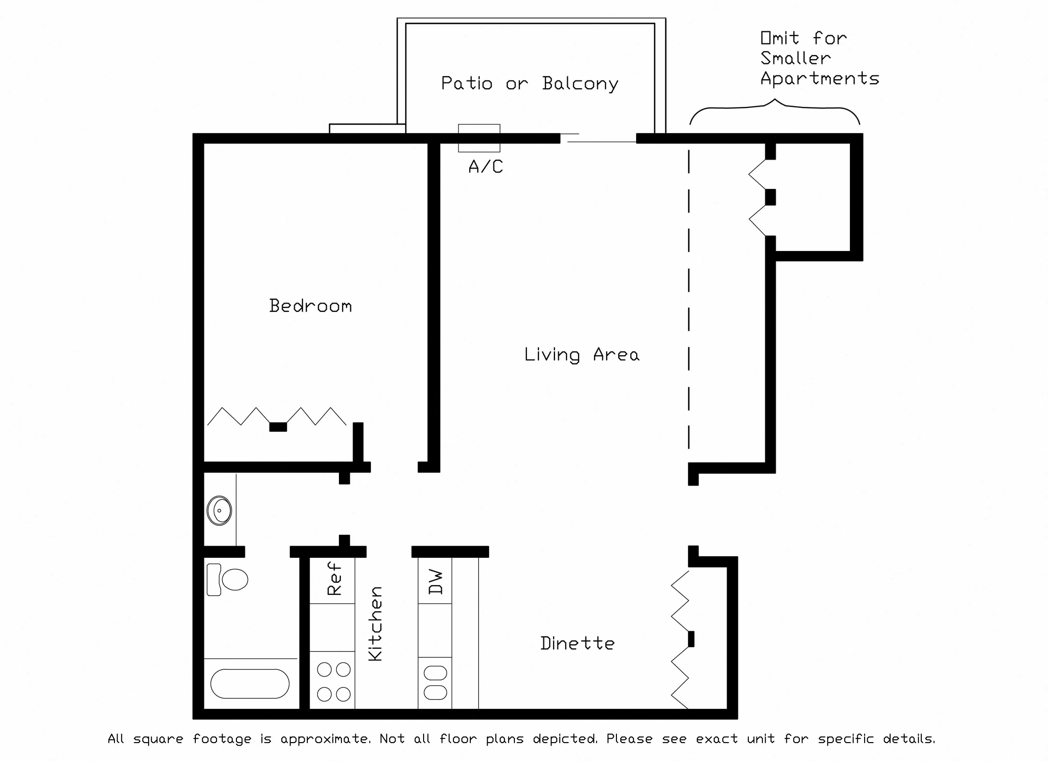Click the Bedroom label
tap(310, 306)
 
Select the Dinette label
tap(577, 643)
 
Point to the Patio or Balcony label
tap(529, 84)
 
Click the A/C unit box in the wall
tap(479, 138)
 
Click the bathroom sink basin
tap(219, 510)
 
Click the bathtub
tap(250, 683)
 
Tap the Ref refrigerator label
tap(334, 578)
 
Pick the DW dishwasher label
tap(435, 582)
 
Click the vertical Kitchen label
tap(375, 624)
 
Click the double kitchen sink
tap(435, 682)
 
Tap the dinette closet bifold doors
tap(680, 639)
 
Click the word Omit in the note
tap(780, 38)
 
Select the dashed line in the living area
tap(689, 296)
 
